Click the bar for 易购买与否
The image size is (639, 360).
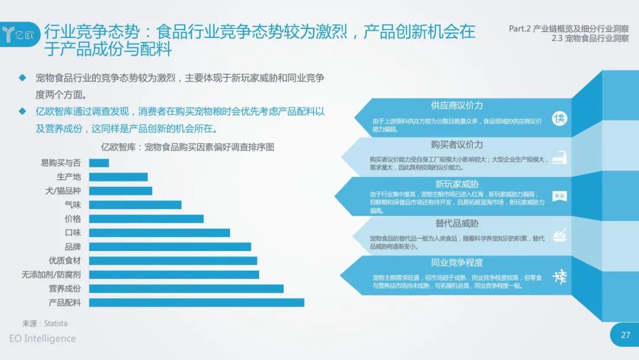[x=99, y=163]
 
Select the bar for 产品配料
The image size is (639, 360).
[x=197, y=303]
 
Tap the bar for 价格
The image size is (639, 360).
[x=146, y=219]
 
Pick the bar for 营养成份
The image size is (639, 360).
[x=186, y=289]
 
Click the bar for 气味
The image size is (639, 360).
[x=135, y=205]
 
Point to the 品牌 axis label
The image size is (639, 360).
[x=73, y=247]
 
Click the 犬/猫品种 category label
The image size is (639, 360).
[x=63, y=191]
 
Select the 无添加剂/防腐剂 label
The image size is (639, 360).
[x=51, y=275]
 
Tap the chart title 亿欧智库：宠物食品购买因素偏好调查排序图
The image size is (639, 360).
[x=188, y=147]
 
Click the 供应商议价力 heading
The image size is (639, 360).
[x=457, y=105]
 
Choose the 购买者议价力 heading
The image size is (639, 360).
[x=457, y=144]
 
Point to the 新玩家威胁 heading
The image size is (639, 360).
[x=457, y=184]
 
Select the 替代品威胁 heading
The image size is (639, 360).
[x=457, y=223]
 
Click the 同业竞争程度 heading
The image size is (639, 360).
[x=457, y=262]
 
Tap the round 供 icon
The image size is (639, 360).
[x=560, y=118]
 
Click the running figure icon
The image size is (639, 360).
[x=560, y=277]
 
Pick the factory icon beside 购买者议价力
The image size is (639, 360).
[x=560, y=157]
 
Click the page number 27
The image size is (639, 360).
[x=625, y=335]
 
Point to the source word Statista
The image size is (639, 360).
[x=56, y=324]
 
